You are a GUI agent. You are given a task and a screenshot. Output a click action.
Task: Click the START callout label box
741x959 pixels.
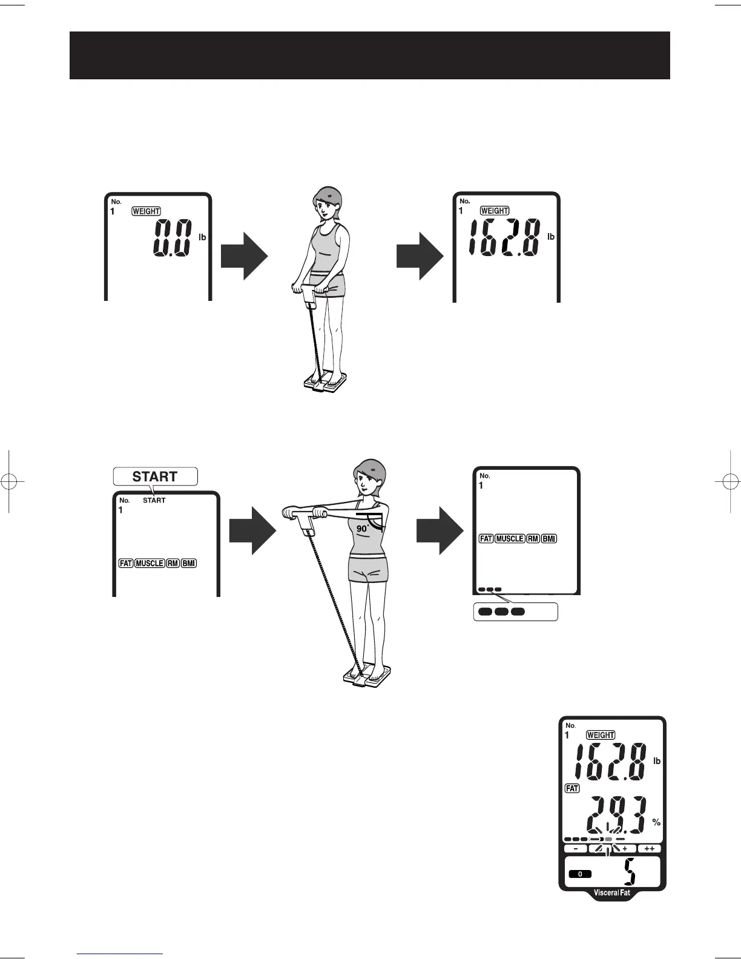pyautogui.click(x=155, y=476)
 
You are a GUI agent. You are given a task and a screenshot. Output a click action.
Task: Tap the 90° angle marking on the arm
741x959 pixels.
pyautogui.click(x=363, y=528)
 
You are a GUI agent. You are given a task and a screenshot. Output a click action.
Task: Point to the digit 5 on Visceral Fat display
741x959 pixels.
pyautogui.click(x=630, y=874)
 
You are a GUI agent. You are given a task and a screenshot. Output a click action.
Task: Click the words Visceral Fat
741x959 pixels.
pyautogui.click(x=612, y=892)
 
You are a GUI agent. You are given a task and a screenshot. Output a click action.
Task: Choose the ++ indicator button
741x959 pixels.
pyautogui.click(x=650, y=849)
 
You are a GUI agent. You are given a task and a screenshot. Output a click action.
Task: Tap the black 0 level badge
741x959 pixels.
pyautogui.click(x=579, y=874)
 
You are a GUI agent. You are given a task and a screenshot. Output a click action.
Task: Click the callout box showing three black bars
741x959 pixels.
pyautogui.click(x=515, y=611)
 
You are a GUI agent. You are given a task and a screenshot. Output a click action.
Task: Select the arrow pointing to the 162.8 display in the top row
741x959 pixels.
pyautogui.click(x=420, y=256)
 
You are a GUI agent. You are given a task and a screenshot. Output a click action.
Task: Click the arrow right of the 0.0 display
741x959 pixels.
pyautogui.click(x=244, y=256)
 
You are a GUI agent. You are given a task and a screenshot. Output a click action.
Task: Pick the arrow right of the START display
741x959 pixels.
pyautogui.click(x=252, y=530)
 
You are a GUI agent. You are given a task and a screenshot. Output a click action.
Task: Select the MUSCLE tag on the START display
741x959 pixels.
pyautogui.click(x=150, y=563)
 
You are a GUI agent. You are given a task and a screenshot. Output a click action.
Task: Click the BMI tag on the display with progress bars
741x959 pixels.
pyautogui.click(x=549, y=538)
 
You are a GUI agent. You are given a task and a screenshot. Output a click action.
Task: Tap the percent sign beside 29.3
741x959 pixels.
pyautogui.click(x=656, y=823)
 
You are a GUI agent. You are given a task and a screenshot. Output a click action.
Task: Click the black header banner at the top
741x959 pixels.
pyautogui.click(x=369, y=55)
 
